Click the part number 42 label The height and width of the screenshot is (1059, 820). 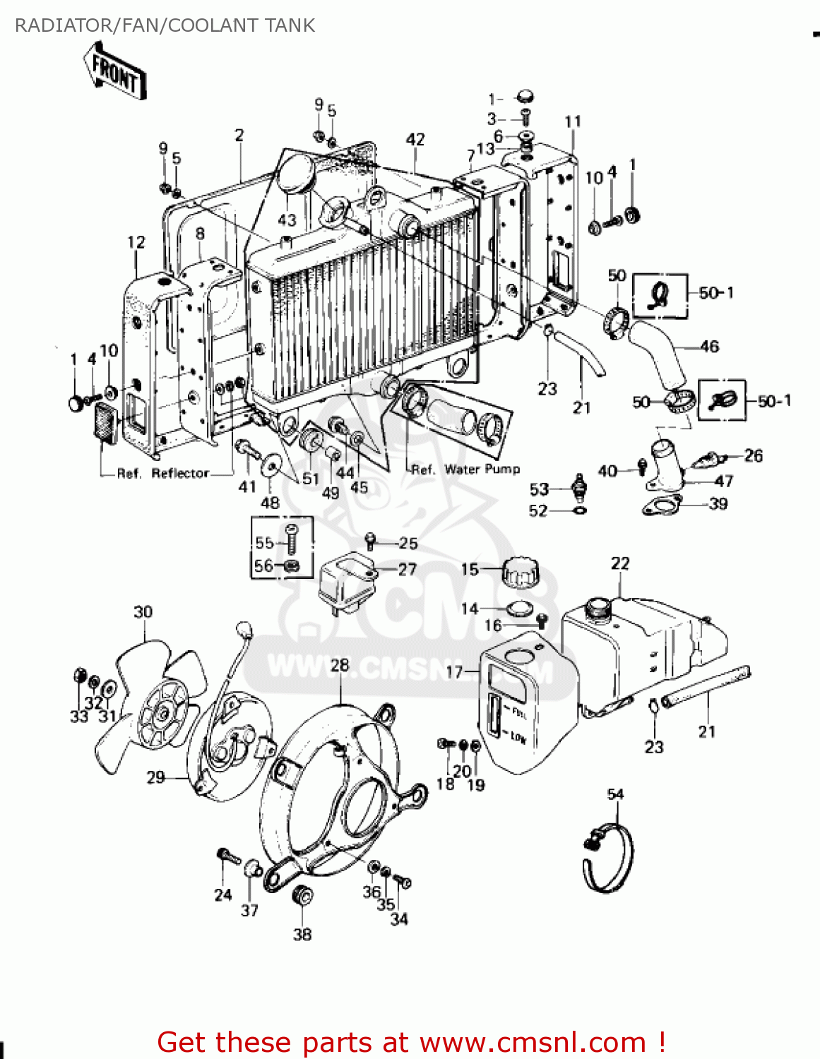coord(415,139)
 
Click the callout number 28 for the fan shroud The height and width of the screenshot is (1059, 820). coord(340,665)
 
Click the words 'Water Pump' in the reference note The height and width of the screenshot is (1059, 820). coord(482,469)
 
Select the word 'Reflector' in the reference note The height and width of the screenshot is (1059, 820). coord(180,473)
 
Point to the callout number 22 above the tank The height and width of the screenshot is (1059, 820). coord(619,563)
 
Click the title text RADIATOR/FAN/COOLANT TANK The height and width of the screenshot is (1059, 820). coord(165,25)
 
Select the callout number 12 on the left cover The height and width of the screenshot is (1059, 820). coord(136,242)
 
